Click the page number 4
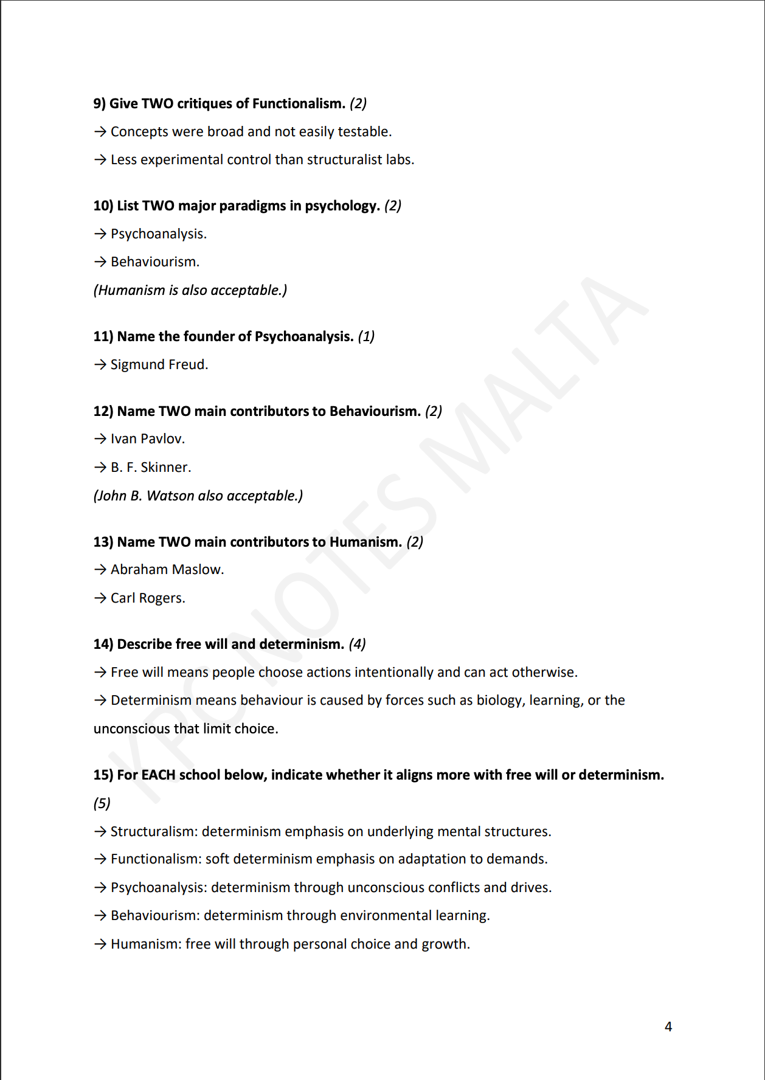point(668,1026)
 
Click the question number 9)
point(100,103)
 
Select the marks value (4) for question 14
point(357,644)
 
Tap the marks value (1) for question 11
point(366,336)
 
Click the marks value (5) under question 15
point(102,803)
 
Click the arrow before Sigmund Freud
point(100,364)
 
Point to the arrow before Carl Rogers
point(100,598)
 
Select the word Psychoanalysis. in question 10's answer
point(159,234)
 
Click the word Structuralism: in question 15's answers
point(154,831)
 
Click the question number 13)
point(103,542)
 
